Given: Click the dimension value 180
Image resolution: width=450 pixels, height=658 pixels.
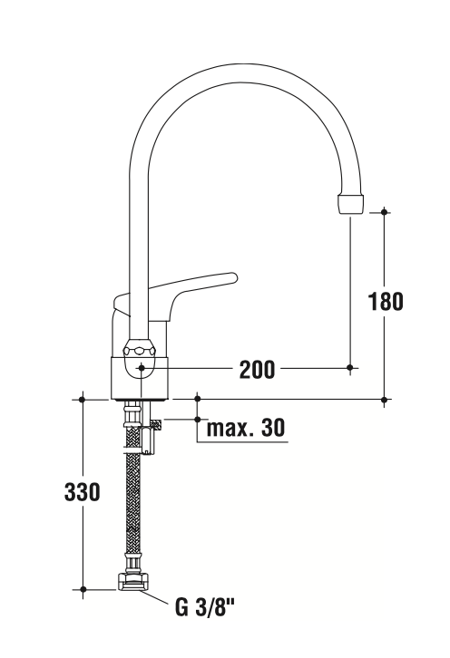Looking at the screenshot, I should click(x=386, y=302).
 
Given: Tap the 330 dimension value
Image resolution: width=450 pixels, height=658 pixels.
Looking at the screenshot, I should click(x=82, y=493).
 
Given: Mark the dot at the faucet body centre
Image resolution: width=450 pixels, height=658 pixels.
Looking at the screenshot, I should click(x=141, y=368).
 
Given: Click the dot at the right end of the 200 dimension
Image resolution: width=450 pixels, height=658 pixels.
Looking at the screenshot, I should click(x=351, y=367).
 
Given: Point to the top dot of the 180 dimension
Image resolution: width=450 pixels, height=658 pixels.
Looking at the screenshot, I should click(x=385, y=212).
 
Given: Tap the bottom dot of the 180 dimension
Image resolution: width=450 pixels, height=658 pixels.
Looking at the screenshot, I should click(x=385, y=399).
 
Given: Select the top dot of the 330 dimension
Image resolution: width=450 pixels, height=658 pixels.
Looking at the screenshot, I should click(x=82, y=399).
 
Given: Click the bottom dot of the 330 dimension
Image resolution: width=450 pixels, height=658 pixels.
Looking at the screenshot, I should click(x=82, y=589).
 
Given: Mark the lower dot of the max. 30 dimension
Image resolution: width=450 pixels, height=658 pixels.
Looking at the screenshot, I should click(x=197, y=420).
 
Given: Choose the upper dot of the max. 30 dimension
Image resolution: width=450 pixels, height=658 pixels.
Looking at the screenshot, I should click(x=197, y=398).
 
